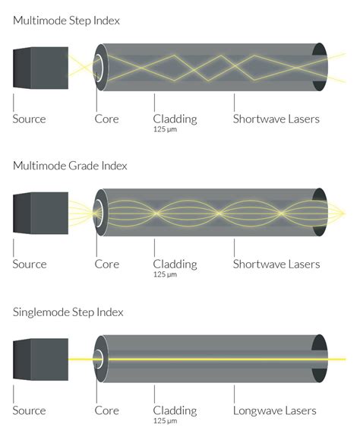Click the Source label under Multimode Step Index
pos(29,119)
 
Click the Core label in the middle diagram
pos(106,264)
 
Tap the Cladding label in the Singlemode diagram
pos(175,410)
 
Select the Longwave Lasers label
pos(276,410)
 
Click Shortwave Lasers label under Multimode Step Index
pos(276,119)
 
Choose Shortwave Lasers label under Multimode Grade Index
pos(276,264)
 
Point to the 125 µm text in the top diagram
pos(165,130)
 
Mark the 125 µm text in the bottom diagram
pos(165,421)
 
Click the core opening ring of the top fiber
pos(99,68)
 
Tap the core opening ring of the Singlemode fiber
pos(99,359)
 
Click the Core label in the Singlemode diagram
pos(106,410)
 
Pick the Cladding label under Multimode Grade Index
pos(175,264)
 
